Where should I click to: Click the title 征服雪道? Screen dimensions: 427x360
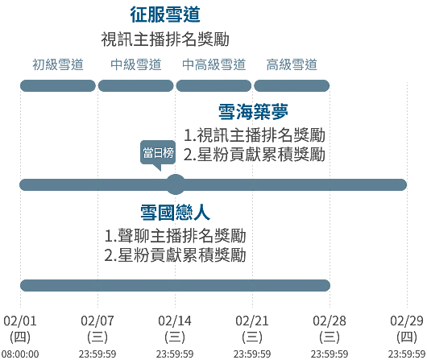point(165,14)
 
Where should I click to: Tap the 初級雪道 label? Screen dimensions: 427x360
point(58,64)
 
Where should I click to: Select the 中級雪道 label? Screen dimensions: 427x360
point(135,64)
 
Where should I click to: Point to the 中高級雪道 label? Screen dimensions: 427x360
point(213,64)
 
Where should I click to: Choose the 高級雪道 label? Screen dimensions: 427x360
point(292,64)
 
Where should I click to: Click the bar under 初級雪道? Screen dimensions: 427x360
point(58,86)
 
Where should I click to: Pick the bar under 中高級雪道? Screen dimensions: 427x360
point(213,86)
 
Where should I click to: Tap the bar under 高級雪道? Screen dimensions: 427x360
point(292,86)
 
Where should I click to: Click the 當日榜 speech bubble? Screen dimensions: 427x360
point(158,153)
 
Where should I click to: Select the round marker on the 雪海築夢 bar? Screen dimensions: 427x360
point(176,184)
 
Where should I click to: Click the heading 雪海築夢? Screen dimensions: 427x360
point(253,112)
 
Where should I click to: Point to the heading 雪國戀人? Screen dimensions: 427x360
point(175,213)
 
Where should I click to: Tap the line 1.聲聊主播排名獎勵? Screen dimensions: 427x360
point(175,236)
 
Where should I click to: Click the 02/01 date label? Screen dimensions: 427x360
point(20,321)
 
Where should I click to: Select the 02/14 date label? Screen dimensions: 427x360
point(175,321)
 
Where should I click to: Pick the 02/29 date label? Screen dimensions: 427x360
point(407,321)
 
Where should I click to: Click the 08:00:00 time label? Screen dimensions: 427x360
point(20,354)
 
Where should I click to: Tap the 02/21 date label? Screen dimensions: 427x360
point(252,321)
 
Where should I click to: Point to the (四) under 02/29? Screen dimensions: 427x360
point(407,337)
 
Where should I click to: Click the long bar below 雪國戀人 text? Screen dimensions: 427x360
point(175,285)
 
